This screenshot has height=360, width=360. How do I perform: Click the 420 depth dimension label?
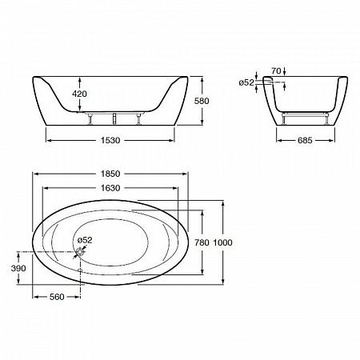[79, 94]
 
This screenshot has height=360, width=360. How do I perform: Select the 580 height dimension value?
[202, 101]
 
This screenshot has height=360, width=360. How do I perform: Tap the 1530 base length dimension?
[110, 140]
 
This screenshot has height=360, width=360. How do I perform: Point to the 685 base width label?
[305, 140]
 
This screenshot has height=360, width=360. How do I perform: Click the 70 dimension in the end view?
[276, 71]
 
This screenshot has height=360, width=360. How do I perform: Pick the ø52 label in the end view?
[246, 82]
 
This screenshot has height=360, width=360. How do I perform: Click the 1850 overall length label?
[110, 174]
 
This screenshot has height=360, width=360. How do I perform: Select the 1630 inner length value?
[110, 188]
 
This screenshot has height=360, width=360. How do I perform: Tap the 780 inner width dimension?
[202, 242]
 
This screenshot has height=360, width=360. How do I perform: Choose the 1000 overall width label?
[223, 242]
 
